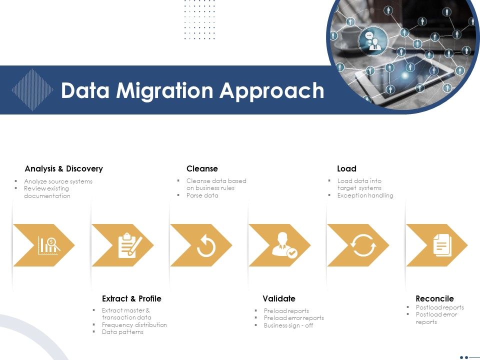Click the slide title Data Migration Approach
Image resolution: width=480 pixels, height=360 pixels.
pyautogui.click(x=192, y=90)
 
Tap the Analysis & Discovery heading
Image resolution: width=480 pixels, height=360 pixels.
pyautogui.click(x=63, y=168)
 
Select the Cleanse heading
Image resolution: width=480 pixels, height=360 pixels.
pyautogui.click(x=202, y=168)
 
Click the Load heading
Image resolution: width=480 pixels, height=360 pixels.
pyautogui.click(x=346, y=168)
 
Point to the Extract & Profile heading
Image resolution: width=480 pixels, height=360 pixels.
pyautogui.click(x=131, y=298)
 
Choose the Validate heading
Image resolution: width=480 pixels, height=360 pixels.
pyautogui.click(x=279, y=298)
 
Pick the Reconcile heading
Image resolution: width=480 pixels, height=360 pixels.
pyautogui.click(x=434, y=298)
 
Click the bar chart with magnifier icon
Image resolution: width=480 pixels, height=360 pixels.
pyautogui.click(x=48, y=245)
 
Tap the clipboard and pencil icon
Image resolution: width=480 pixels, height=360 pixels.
pyautogui.click(x=129, y=245)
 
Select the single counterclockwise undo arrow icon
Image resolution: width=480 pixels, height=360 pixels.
pyautogui.click(x=206, y=245)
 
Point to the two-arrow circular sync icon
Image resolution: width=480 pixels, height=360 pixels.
pyautogui.click(x=363, y=245)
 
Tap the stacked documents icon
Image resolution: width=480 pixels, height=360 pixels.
pyautogui.click(x=442, y=245)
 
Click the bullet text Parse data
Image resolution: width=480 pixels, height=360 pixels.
pyautogui.click(x=202, y=195)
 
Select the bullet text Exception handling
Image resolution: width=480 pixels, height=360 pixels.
pyautogui.click(x=365, y=195)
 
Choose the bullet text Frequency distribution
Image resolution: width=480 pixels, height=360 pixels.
pyautogui.click(x=134, y=325)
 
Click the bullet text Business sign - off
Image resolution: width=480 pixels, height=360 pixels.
pyautogui.click(x=288, y=325)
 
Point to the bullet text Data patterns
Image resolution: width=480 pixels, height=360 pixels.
pyautogui.click(x=122, y=332)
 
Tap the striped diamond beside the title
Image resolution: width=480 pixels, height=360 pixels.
pyautogui.click(x=32, y=90)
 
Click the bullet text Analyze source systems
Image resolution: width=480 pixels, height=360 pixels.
pyautogui.click(x=58, y=181)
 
